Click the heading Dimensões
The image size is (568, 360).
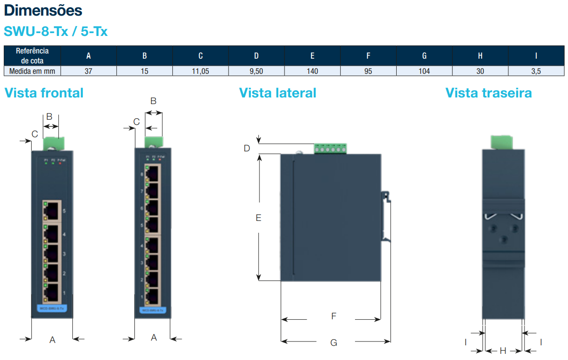tap(43, 10)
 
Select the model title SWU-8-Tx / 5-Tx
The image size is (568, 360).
tap(56, 32)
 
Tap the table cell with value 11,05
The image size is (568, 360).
tap(200, 71)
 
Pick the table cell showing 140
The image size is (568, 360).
tap(312, 71)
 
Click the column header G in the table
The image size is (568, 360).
tap(424, 56)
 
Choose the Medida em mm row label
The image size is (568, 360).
tap(32, 71)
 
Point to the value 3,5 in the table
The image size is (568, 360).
tap(536, 71)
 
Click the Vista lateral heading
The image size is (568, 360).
tap(277, 93)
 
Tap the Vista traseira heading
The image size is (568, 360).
tap(488, 93)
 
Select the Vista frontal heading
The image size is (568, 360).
tap(44, 93)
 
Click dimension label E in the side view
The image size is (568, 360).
tap(258, 218)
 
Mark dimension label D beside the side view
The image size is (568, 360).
tap(247, 149)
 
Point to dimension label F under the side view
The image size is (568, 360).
tap(334, 316)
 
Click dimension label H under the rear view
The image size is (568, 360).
tap(503, 351)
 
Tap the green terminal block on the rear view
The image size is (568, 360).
tap(501, 142)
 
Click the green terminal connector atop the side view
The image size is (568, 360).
tap(330, 149)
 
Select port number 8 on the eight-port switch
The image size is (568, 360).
tap(142, 174)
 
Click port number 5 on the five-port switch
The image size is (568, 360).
tap(64, 211)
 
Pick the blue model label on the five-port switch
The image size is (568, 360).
tap(52, 308)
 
